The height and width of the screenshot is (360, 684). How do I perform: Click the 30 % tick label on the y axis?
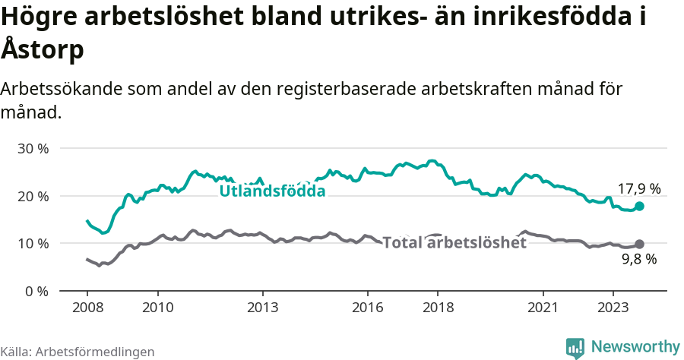[33, 148]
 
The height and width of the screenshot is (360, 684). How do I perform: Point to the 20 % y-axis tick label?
[33, 196]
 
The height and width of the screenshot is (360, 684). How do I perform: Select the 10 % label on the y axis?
[33, 244]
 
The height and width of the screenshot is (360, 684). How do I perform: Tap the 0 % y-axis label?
[36, 292]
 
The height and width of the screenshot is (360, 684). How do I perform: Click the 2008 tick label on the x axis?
[87, 309]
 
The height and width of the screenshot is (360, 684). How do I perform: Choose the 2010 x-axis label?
[157, 309]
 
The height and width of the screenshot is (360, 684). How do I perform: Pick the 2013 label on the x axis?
[263, 309]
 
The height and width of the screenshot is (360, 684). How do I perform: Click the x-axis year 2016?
[368, 309]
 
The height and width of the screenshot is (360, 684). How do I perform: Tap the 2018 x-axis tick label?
[439, 309]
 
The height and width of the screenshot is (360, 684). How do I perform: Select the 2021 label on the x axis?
[543, 309]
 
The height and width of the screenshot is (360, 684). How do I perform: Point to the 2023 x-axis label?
[614, 309]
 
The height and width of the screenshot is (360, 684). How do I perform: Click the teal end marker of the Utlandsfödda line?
[640, 206]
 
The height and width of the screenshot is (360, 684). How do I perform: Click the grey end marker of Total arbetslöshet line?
[640, 244]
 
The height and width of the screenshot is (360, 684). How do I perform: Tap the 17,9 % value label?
[638, 188]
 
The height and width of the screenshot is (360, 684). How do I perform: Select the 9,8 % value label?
[638, 260]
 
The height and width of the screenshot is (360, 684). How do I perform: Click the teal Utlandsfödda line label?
[272, 191]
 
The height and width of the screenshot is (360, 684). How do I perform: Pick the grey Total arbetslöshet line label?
[454, 243]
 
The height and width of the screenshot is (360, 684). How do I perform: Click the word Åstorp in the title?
[43, 50]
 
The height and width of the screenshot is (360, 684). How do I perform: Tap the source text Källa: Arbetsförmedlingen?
[78, 352]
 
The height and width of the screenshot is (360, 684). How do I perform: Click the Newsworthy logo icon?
[575, 347]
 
